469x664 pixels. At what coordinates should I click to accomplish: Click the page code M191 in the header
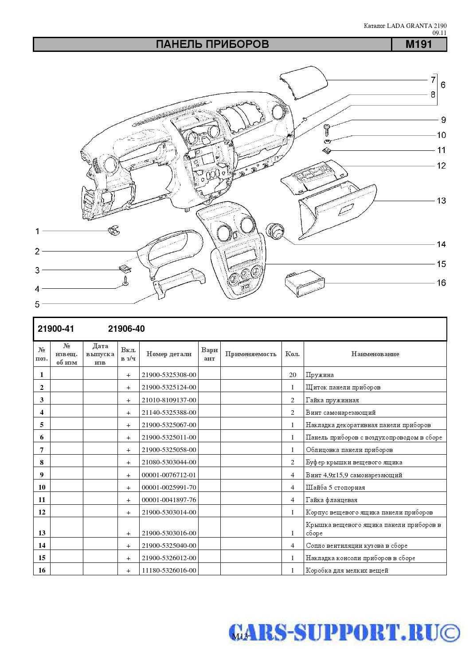[x=418, y=44]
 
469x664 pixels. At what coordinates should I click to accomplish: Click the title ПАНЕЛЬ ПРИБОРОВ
[x=212, y=44]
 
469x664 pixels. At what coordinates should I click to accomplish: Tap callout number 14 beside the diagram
[x=441, y=244]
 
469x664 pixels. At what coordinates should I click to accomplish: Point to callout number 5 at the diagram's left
[x=37, y=304]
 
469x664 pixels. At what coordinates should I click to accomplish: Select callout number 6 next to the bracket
[x=443, y=85]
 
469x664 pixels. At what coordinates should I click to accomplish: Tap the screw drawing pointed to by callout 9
[x=327, y=129]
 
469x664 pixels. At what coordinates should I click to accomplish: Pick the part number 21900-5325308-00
[x=168, y=375]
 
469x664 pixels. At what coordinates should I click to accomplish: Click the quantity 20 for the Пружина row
[x=293, y=375]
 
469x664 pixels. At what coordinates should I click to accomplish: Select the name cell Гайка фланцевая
[x=331, y=500]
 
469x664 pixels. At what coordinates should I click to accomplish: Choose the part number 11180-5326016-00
[x=168, y=570]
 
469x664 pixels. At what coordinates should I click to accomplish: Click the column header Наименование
[x=375, y=354]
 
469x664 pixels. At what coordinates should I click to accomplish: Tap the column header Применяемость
[x=250, y=354]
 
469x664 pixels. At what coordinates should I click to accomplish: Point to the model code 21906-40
[x=126, y=329]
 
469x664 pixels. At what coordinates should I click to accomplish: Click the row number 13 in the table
[x=42, y=533]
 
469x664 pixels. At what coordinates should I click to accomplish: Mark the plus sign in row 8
[x=129, y=463]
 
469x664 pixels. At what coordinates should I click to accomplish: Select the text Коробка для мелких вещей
[x=347, y=570]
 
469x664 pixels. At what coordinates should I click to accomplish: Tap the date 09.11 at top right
[x=439, y=33]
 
